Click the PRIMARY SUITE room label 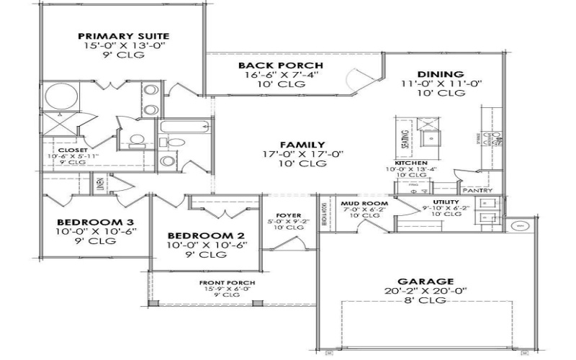point(123,35)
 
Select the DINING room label point(441,73)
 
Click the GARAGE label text point(428,282)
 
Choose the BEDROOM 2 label point(206,235)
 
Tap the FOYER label point(278,214)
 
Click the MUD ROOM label point(365,204)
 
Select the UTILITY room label point(446,202)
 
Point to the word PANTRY point(478,191)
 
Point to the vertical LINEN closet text point(100,185)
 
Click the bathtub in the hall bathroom point(185,130)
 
